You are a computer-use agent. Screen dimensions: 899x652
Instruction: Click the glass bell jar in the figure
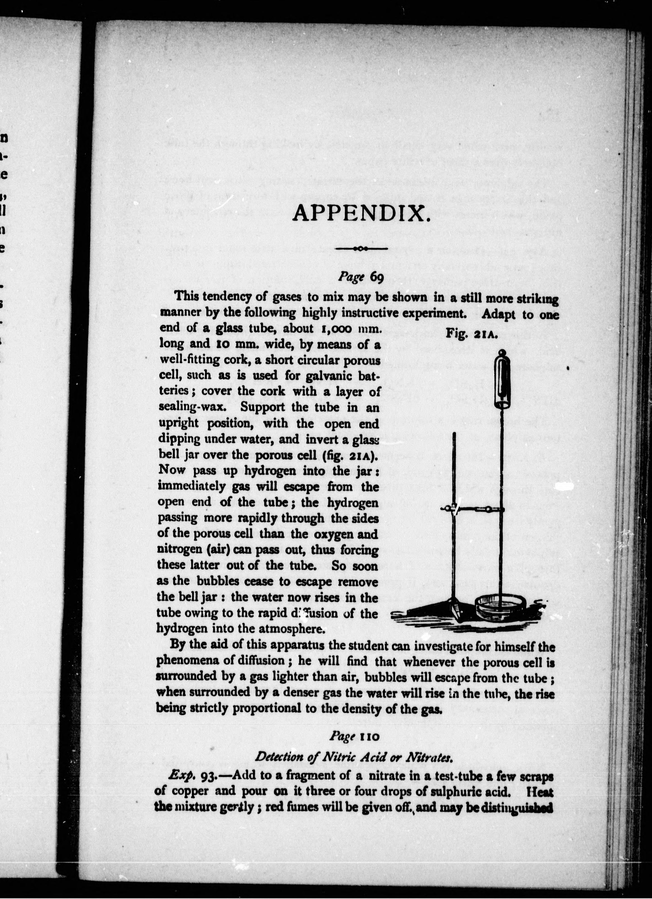coord(503,381)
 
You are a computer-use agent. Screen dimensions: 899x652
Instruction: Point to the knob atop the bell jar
coord(502,352)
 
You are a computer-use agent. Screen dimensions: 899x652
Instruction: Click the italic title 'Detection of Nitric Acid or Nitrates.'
coord(353,757)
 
